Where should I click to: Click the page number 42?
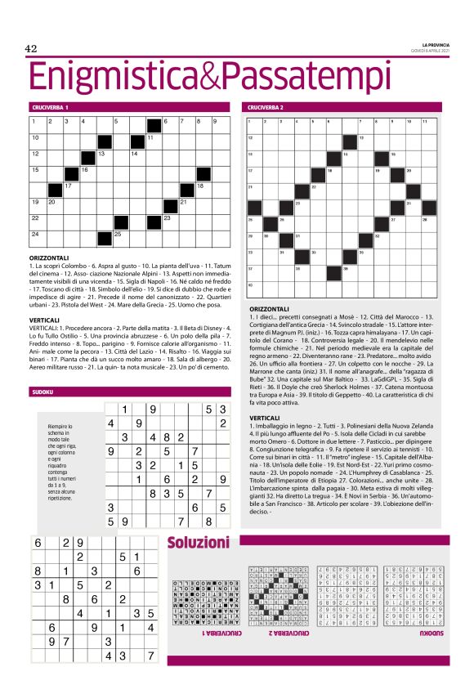coord(32,48)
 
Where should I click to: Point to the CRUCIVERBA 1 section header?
coord(51,107)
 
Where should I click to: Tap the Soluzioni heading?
coord(198,543)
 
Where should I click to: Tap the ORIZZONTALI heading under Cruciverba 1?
coord(53,258)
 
